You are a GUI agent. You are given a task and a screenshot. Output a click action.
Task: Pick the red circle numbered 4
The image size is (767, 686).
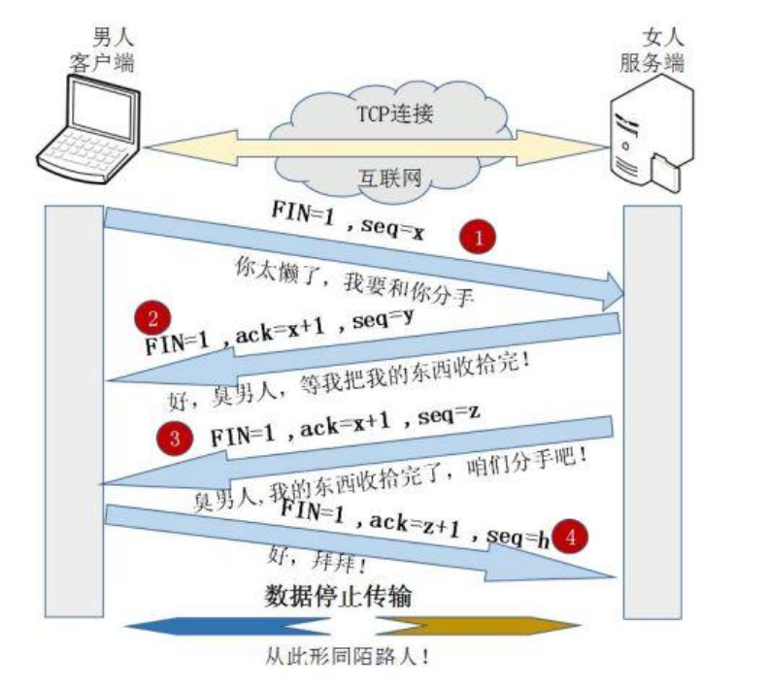click(x=576, y=536)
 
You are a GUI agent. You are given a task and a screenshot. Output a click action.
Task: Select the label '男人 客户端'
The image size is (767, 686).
click(x=101, y=51)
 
